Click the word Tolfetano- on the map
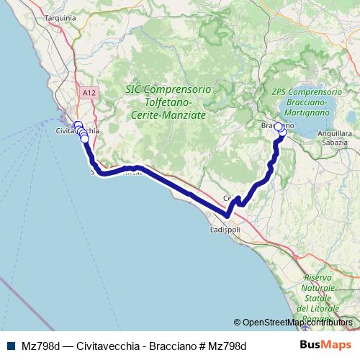166,102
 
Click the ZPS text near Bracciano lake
282,93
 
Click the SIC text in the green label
133,90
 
